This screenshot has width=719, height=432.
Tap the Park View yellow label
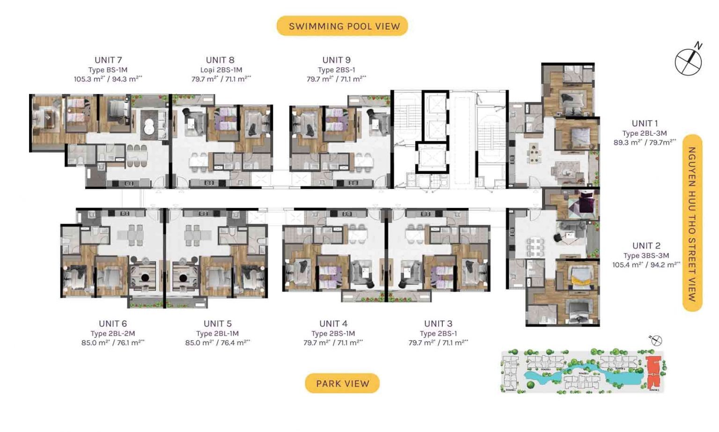tap(342, 383)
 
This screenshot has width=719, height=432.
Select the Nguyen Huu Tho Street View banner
tap(692, 223)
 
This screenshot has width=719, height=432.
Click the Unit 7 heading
tap(108, 60)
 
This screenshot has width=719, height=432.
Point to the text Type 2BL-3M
tap(645, 133)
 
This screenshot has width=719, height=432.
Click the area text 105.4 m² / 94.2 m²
tap(646, 265)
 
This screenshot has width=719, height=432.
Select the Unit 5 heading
tap(217, 323)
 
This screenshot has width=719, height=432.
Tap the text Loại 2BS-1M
tap(221, 70)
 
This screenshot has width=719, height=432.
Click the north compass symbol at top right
tap(688, 60)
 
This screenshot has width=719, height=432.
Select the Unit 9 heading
tap(336, 60)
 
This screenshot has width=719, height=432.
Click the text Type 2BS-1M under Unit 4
tap(333, 333)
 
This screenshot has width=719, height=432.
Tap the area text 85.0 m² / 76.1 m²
tap(113, 343)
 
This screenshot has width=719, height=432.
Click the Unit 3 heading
tap(438, 323)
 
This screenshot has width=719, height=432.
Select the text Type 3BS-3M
tap(646, 256)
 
